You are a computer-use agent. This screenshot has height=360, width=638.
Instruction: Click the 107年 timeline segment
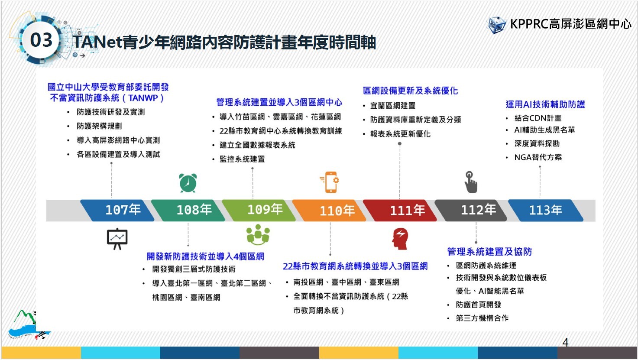point(117,210)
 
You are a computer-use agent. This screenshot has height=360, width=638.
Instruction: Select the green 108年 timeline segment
point(188,210)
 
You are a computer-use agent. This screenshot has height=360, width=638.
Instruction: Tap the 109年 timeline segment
point(259,210)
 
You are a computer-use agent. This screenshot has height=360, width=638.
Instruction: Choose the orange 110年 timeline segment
point(329,210)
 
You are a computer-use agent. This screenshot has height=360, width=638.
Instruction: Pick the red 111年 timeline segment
point(400,210)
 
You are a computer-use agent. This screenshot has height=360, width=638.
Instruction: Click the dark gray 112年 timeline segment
point(471,210)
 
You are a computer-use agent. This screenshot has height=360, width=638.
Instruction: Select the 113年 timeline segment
point(546,210)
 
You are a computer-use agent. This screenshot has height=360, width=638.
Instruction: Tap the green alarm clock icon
point(188,183)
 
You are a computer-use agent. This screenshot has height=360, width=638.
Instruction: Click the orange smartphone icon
point(330,182)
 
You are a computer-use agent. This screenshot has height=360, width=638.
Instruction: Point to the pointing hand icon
point(470,182)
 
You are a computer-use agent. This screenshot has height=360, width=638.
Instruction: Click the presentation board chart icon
point(117,239)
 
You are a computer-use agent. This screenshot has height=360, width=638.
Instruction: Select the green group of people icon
point(258,235)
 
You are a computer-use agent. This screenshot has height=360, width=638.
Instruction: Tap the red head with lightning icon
point(400,239)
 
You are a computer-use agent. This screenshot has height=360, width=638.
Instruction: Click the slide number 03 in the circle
point(41,40)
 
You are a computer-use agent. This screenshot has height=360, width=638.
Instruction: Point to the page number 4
point(565,342)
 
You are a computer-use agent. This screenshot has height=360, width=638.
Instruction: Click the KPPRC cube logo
point(497,25)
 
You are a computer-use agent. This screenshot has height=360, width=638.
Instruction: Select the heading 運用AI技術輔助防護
point(545,104)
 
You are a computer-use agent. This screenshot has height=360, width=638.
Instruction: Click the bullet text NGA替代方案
point(538,157)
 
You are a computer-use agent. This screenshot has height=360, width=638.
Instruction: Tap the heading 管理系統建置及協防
point(489,252)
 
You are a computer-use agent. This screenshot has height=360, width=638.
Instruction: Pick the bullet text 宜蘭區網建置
point(393,106)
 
